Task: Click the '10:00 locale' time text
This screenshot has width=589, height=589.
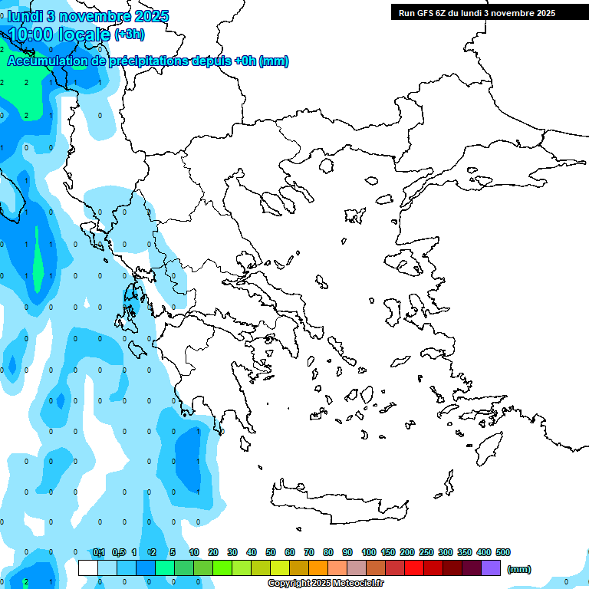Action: point(58,34)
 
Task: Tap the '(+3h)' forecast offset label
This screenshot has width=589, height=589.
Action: point(129,34)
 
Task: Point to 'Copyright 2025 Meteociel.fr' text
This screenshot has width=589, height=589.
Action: point(326,584)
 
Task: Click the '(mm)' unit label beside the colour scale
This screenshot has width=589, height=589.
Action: point(518,569)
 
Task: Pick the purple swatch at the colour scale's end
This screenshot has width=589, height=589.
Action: point(491,568)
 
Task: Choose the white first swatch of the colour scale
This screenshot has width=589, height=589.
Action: point(88,568)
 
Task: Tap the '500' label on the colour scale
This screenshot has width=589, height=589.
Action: point(503,552)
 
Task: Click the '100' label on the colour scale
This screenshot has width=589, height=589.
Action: point(369,552)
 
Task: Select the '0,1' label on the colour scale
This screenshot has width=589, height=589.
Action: point(99,552)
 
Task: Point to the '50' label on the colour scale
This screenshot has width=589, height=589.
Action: point(271,552)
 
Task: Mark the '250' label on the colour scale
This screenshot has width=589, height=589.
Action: point(426,552)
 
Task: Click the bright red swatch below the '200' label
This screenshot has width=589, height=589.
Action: point(414,568)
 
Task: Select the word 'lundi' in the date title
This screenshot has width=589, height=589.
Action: point(25,16)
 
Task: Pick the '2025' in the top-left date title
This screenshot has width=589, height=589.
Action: point(152,16)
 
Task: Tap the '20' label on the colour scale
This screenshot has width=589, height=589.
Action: point(213,552)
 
